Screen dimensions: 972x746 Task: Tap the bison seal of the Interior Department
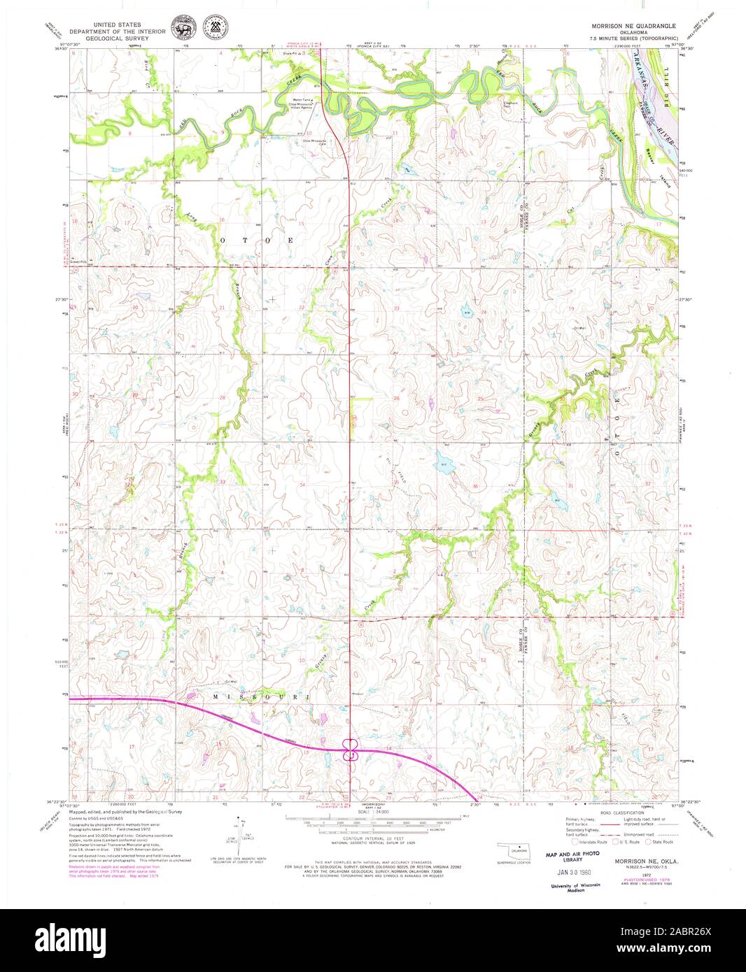click(184, 30)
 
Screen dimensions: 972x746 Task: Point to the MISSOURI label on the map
click(265, 698)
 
